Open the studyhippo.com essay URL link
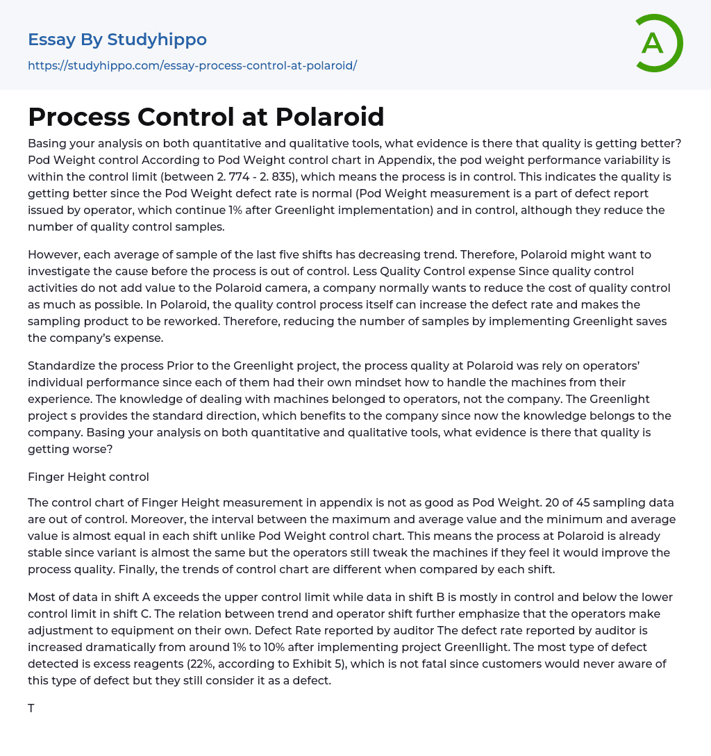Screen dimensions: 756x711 coord(192,66)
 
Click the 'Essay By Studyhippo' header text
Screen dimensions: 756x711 coord(117,40)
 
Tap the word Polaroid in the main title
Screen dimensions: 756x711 coord(330,117)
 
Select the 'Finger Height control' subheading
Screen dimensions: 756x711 coord(88,477)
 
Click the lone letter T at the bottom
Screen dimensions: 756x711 coord(31,709)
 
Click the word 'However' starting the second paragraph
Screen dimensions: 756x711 coord(52,254)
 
